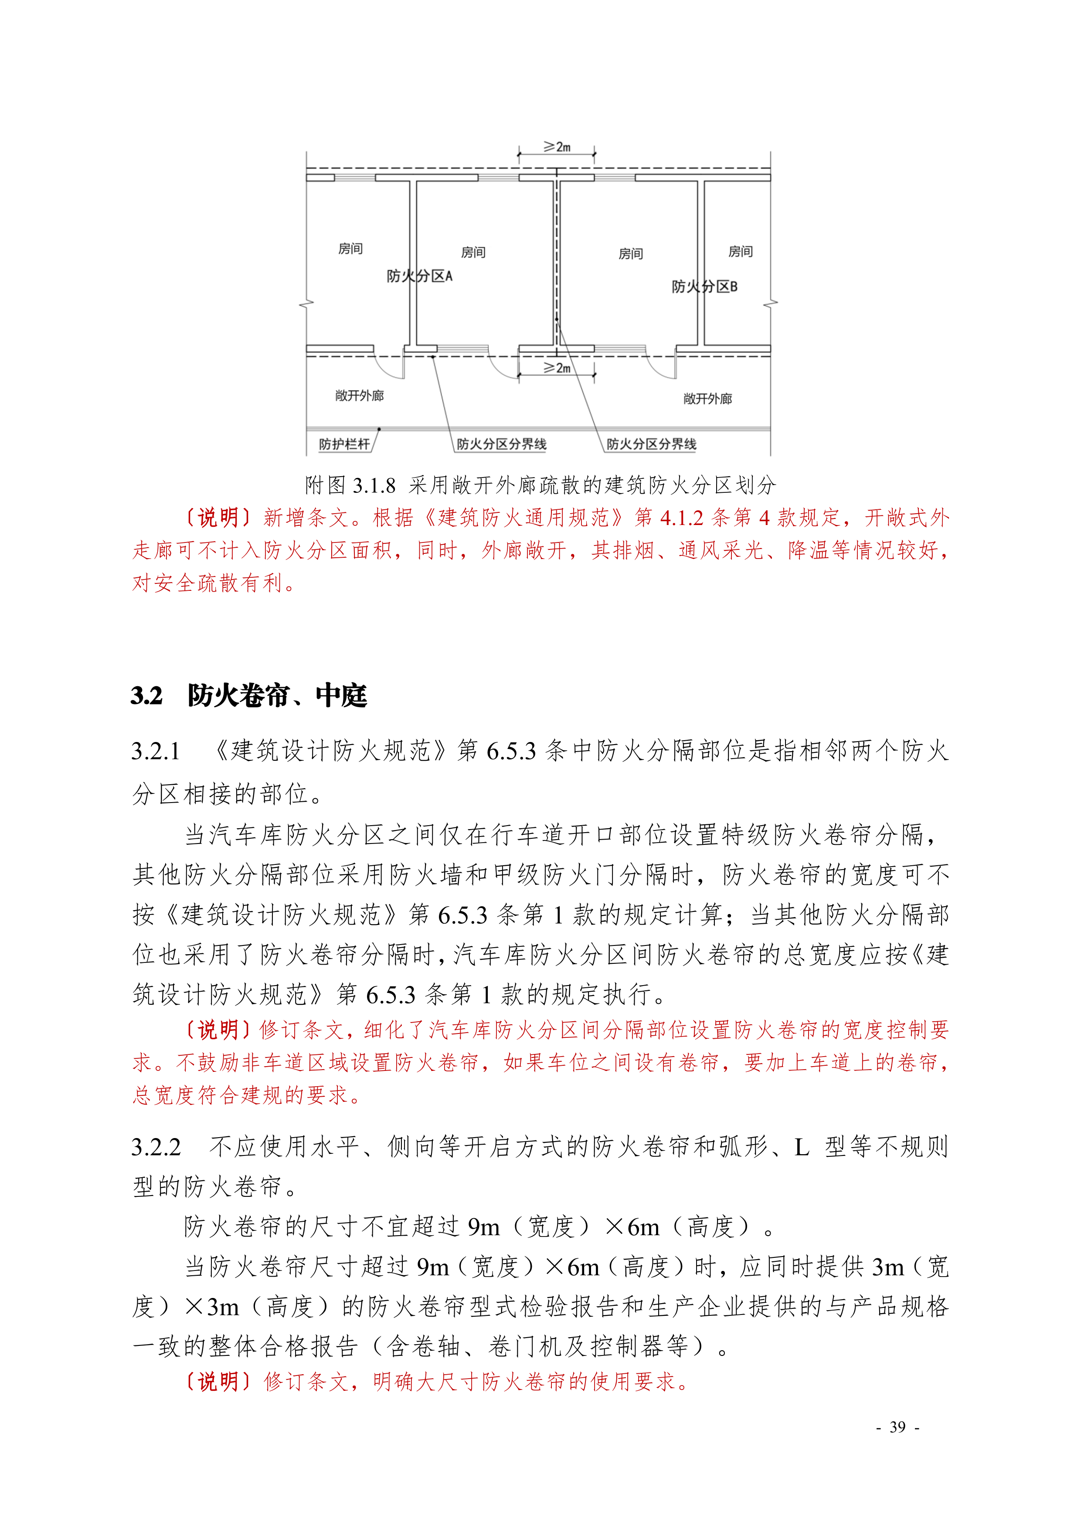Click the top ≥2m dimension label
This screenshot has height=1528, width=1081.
click(x=557, y=146)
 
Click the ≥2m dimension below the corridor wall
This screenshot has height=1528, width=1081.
click(x=557, y=368)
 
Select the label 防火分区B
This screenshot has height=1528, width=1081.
click(x=704, y=287)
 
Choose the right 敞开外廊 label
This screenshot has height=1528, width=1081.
click(x=707, y=399)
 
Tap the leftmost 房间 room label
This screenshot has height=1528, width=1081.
click(x=351, y=249)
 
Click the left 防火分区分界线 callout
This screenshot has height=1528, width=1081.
click(x=501, y=444)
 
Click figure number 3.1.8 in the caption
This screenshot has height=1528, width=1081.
click(x=374, y=486)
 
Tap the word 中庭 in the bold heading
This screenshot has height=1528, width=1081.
click(x=341, y=695)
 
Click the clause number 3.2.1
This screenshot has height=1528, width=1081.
click(x=156, y=751)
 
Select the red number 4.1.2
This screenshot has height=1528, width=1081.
click(x=682, y=518)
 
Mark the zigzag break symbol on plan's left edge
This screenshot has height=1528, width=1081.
click(x=306, y=304)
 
